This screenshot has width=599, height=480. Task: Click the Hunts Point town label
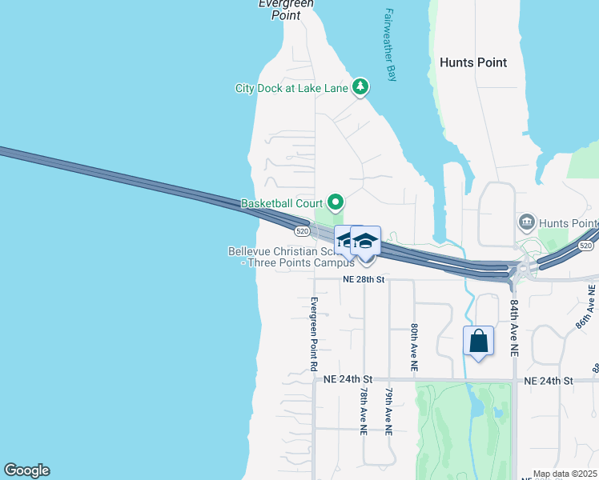point(473,62)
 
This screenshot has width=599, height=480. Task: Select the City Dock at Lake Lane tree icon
point(360,87)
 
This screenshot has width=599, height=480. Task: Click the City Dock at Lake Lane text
point(291,88)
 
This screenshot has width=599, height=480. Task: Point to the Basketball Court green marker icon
point(336,203)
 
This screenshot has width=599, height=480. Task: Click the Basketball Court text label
point(281,204)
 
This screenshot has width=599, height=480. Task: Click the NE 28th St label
point(364,279)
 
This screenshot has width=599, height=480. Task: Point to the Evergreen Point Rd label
point(314,334)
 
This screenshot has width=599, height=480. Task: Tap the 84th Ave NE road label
point(513,328)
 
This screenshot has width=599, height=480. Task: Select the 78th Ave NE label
point(364,411)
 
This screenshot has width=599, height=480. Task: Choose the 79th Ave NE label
point(388,411)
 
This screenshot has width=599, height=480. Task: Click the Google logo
point(26,470)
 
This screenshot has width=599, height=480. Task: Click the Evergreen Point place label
point(285,10)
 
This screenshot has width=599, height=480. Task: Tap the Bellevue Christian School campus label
point(291,257)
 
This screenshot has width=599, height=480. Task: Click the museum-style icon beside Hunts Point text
point(527,222)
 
